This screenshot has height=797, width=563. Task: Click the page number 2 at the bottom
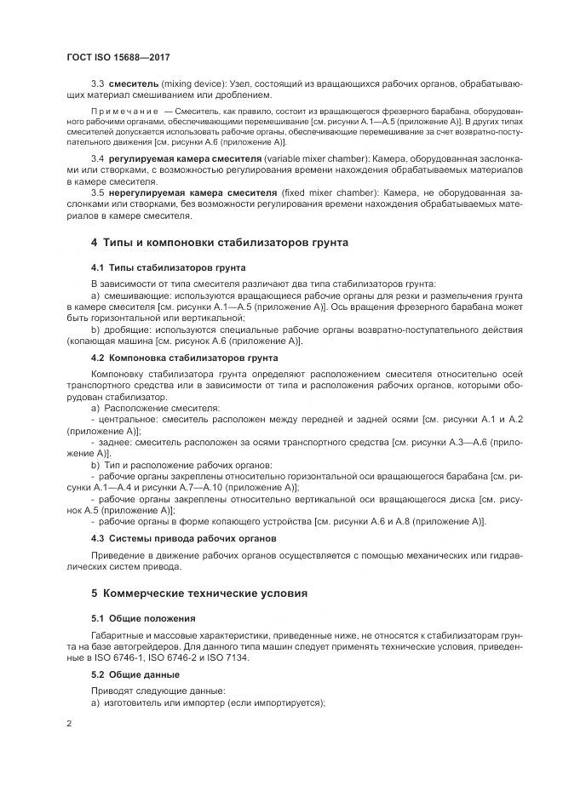coord(68,724)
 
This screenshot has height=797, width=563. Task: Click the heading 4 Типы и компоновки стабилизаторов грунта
coord(220,243)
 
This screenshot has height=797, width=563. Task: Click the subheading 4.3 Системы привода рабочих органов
coord(182,539)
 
